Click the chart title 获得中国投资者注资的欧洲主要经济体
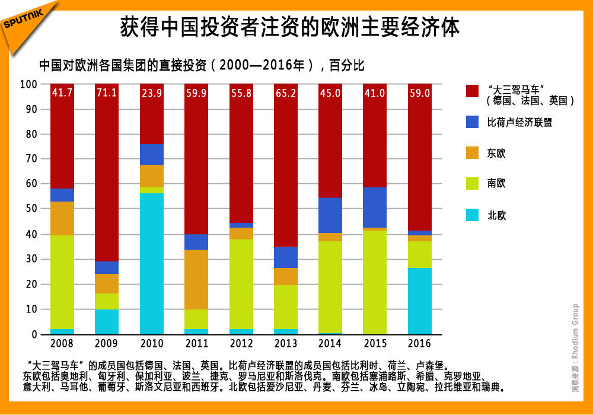coord(290,28)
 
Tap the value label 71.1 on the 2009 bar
coord(107,93)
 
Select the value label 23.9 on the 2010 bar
coord(152,93)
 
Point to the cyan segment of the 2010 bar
coord(152,263)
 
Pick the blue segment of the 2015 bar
coord(375,207)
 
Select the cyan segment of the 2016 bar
coord(420,301)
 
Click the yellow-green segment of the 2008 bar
coord(62,282)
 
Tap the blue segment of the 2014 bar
coord(330,215)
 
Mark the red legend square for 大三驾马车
coord(472,91)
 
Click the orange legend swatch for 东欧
coord(472,153)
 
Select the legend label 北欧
coord(496,215)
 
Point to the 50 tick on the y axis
coord(30,209)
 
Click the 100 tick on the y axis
coord(28,84)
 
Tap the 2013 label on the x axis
coord(285,343)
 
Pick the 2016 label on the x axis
coord(420,343)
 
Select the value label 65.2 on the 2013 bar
coord(285,93)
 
